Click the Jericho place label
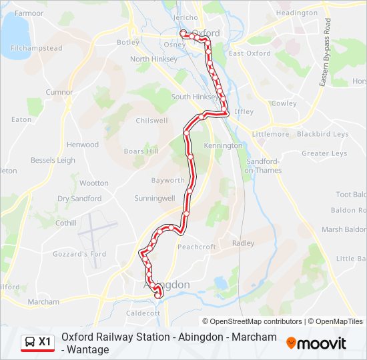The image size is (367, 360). (x=186, y=17)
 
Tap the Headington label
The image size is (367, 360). (x=297, y=13)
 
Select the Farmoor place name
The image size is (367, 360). (x=29, y=13)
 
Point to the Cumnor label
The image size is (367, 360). (x=59, y=92)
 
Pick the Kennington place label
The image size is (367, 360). (x=223, y=145)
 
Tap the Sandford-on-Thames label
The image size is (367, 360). (x=263, y=166)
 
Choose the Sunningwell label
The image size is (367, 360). (x=154, y=199)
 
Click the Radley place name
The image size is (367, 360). (x=243, y=243)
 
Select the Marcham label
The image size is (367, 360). (x=43, y=302)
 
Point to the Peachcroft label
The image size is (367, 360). (x=197, y=247)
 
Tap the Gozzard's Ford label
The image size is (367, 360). (x=81, y=254)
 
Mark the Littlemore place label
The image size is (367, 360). (x=271, y=134)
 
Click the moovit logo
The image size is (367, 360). (x=316, y=343)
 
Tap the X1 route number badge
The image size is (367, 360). (x=45, y=342)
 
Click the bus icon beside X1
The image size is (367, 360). (x=30, y=342)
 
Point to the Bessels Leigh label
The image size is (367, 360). (x=53, y=161)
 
